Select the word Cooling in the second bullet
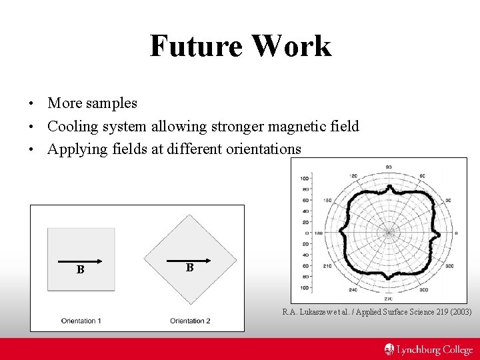[73, 126]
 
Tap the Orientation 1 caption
[81, 321]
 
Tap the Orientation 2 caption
[190, 321]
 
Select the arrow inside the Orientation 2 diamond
[189, 260]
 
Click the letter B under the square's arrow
[80, 270]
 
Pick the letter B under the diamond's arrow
[190, 267]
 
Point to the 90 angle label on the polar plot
[388, 167]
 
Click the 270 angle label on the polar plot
[388, 299]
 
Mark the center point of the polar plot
[388, 233]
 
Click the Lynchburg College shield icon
[389, 349]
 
